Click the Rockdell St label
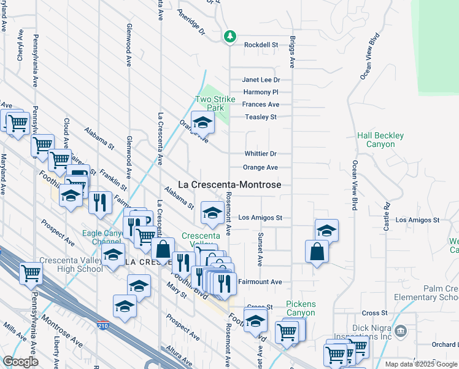tap(261, 45)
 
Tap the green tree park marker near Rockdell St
tap(230, 37)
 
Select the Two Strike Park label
tap(210, 103)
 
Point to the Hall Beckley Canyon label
tap(381, 140)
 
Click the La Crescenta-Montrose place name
tap(229, 184)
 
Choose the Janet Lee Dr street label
tap(261, 80)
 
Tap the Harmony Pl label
tap(261, 92)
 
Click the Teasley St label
tap(261, 117)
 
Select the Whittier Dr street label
tap(260, 154)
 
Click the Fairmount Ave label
tap(260, 282)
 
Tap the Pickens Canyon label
tap(301, 309)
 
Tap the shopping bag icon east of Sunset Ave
tap(317, 252)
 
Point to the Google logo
tap(21, 362)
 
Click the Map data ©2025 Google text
tap(421, 364)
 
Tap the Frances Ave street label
tap(261, 105)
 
